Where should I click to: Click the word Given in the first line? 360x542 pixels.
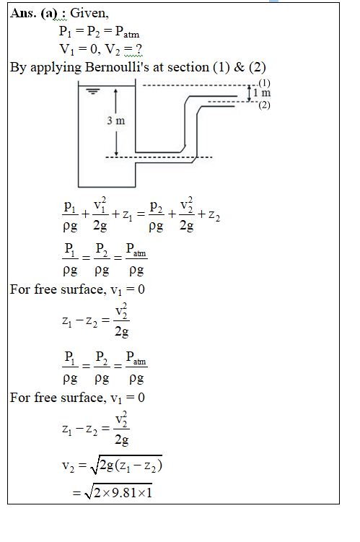click(x=89, y=13)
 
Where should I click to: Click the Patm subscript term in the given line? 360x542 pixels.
click(x=127, y=32)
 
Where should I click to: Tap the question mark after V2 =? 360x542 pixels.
click(x=139, y=49)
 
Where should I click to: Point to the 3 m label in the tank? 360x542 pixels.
click(x=115, y=121)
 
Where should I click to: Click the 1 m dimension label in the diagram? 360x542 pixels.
click(x=262, y=92)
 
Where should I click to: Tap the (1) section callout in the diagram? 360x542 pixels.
click(x=264, y=83)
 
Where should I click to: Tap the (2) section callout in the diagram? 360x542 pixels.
click(x=264, y=105)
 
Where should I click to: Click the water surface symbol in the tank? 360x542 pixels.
click(x=93, y=92)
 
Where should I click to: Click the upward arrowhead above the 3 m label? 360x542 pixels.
click(x=115, y=91)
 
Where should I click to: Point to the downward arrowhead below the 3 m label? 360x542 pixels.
click(x=116, y=153)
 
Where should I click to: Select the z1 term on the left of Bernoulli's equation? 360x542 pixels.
click(x=127, y=215)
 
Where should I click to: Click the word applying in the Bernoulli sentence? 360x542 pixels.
click(x=56, y=67)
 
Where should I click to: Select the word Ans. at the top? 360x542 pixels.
click(x=24, y=13)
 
